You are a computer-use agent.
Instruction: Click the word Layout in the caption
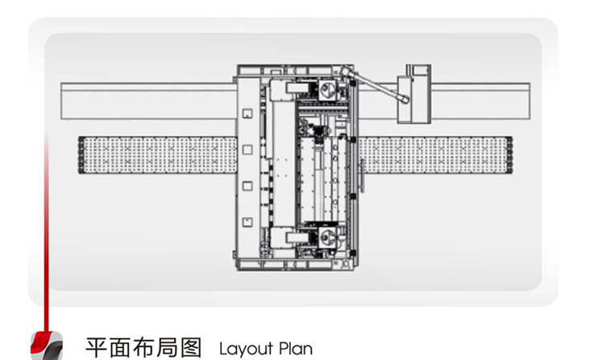click(246, 349)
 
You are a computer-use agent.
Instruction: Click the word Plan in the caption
click(296, 348)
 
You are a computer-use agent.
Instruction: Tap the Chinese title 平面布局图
click(143, 348)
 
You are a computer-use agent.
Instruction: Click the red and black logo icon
click(46, 346)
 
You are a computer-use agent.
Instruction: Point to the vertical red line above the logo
click(46, 233)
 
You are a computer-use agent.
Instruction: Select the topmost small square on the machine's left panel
click(247, 114)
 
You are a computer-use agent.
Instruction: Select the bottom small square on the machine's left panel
click(247, 222)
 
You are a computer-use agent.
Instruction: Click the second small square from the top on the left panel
click(247, 150)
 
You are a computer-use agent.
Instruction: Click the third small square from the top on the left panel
click(247, 186)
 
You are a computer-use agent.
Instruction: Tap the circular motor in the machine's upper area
click(327, 90)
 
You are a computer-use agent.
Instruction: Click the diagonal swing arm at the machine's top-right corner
click(376, 85)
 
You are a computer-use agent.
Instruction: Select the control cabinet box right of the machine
click(414, 94)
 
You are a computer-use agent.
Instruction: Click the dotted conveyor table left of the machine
click(158, 155)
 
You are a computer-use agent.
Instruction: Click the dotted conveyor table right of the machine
click(435, 155)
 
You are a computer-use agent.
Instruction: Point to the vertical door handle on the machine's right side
click(363, 175)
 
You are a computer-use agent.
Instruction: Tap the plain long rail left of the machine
click(148, 101)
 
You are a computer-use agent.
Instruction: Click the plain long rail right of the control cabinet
click(480, 101)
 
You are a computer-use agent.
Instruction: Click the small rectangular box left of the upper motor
click(297, 89)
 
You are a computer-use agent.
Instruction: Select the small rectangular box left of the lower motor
click(297, 238)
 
